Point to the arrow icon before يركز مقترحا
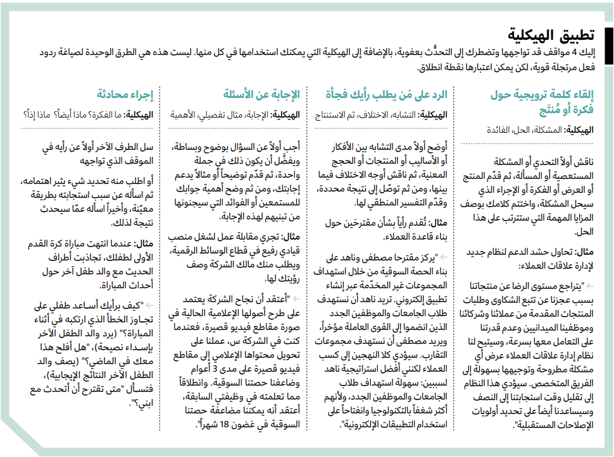(442, 258)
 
